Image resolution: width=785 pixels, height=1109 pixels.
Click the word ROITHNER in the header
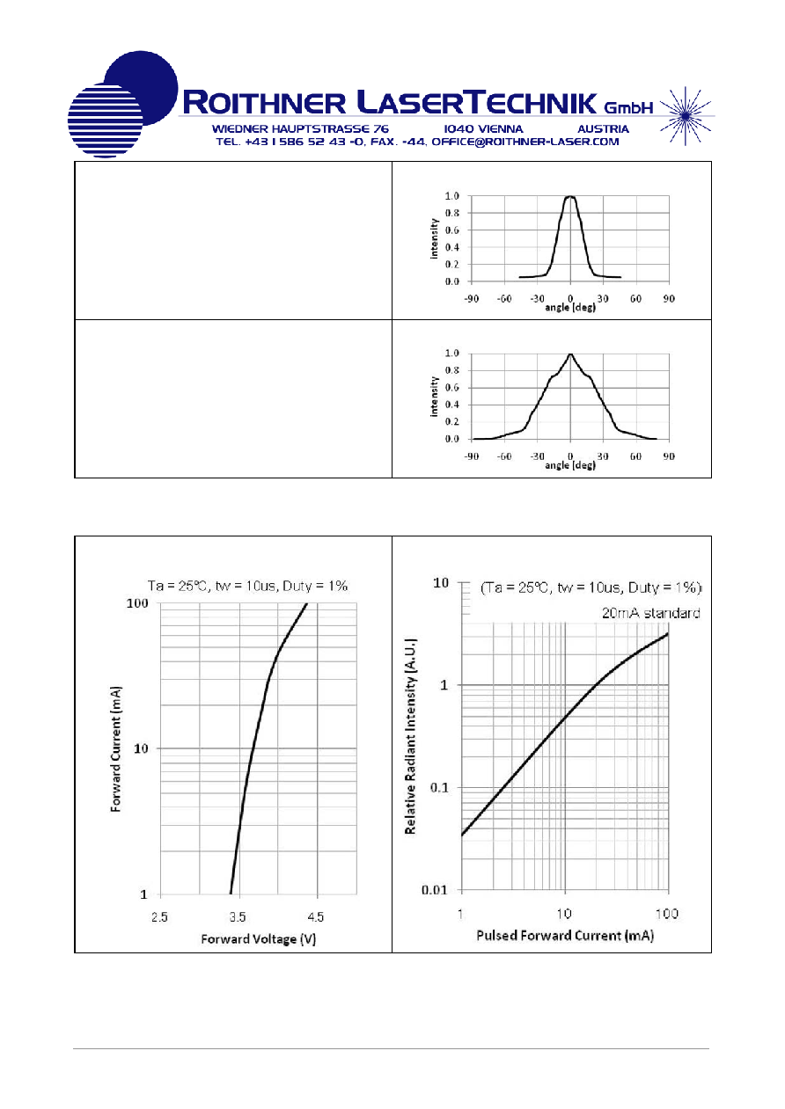(265, 103)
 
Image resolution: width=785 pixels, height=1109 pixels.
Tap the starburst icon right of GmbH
(686, 116)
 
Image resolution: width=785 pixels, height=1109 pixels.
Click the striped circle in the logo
(105, 120)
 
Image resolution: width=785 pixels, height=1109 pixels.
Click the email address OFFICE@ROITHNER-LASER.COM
(525, 142)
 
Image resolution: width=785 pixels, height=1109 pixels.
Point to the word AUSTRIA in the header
(603, 129)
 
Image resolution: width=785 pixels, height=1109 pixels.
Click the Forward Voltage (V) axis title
(258, 939)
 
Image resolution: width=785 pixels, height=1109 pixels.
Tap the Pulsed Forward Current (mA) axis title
(565, 935)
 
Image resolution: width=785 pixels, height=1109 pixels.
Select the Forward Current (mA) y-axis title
(115, 748)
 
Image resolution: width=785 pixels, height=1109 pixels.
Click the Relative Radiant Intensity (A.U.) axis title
(410, 736)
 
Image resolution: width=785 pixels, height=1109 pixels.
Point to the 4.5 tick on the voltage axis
(315, 917)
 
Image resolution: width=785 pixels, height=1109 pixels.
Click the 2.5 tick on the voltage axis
(159, 917)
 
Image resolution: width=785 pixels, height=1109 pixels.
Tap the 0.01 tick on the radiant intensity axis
(435, 890)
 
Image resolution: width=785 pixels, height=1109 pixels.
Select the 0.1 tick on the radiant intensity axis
(439, 788)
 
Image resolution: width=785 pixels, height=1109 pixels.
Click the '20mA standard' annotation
(650, 613)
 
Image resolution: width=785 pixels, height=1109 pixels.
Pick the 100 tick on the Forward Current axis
(137, 603)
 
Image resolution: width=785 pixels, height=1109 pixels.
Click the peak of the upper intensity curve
(570, 196)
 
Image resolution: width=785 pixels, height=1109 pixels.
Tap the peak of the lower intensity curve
(570, 354)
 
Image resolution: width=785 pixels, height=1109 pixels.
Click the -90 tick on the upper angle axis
(471, 298)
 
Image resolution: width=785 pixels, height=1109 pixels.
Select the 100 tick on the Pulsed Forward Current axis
(666, 914)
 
